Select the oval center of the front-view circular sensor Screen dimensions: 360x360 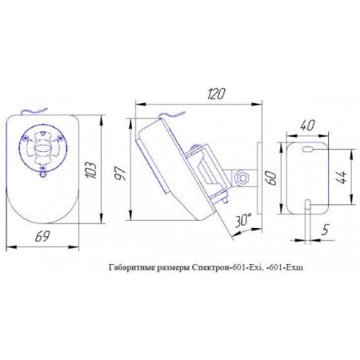[44, 149]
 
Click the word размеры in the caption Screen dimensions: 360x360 [173, 270]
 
